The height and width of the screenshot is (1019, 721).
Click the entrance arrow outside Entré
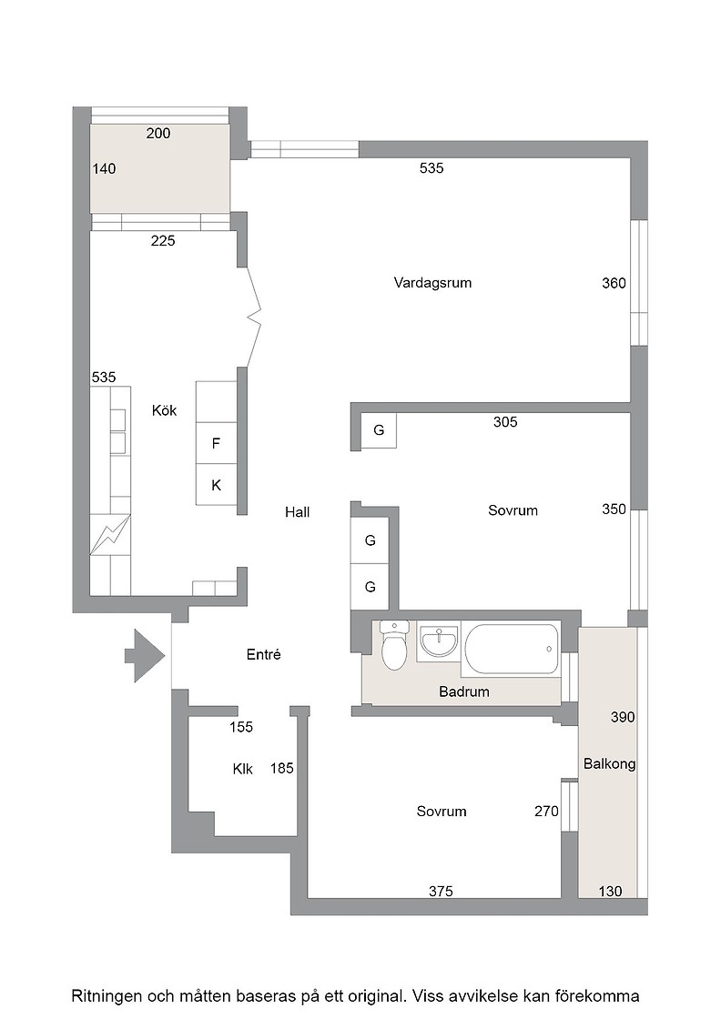(145, 656)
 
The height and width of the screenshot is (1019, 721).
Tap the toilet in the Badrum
(394, 645)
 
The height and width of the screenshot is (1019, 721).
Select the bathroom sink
(439, 642)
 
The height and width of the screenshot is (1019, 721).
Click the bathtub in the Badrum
(512, 650)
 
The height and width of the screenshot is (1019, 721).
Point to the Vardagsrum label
(432, 283)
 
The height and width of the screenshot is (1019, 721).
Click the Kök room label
(164, 410)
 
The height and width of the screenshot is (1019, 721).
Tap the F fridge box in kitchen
(216, 443)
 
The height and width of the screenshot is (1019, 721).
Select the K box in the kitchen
(216, 485)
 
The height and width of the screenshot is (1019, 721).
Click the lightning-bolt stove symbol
(110, 534)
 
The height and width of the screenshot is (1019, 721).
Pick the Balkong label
(609, 763)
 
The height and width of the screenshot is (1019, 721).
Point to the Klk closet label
(242, 769)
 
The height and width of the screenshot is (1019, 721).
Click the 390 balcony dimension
(622, 718)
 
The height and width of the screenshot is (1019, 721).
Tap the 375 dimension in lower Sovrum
(441, 891)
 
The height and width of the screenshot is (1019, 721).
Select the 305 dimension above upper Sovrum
(505, 422)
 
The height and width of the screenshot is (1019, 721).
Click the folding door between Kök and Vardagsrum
(254, 318)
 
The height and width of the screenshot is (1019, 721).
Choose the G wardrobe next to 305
(379, 429)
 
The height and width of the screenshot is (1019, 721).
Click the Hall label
(297, 512)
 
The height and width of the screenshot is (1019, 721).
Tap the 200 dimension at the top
(158, 133)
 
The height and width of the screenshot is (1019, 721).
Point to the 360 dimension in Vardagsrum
(614, 283)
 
